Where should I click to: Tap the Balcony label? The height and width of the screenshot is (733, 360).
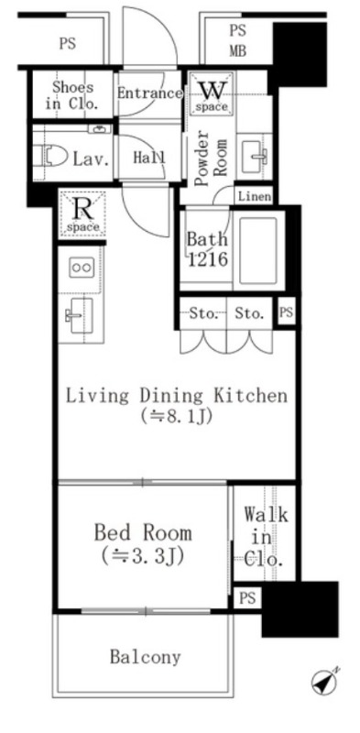coord(145,657)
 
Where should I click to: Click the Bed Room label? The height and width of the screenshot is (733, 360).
coord(143,533)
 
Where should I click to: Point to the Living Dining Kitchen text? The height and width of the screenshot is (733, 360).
coord(176,396)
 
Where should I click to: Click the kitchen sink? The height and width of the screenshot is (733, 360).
coord(80,315)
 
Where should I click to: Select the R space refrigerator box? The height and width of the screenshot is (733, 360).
coord(82,214)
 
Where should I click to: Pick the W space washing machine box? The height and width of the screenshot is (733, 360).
coord(212,93)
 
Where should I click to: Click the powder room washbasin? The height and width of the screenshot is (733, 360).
coord(255,156)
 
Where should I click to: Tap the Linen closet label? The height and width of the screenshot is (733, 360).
coord(255,196)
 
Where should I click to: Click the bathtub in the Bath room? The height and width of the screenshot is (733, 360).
coord(258,250)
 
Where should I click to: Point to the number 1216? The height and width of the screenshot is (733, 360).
coord(208,259)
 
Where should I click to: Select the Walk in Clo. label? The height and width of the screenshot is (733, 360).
coord(265,537)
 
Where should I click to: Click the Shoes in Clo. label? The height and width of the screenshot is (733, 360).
coord(72,95)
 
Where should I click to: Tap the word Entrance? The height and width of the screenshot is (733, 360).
coord(149,93)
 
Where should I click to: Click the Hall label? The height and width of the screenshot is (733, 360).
coord(149,158)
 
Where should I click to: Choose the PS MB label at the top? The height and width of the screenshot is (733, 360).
coord(237,40)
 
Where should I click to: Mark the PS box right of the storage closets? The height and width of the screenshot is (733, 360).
coord(286,312)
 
